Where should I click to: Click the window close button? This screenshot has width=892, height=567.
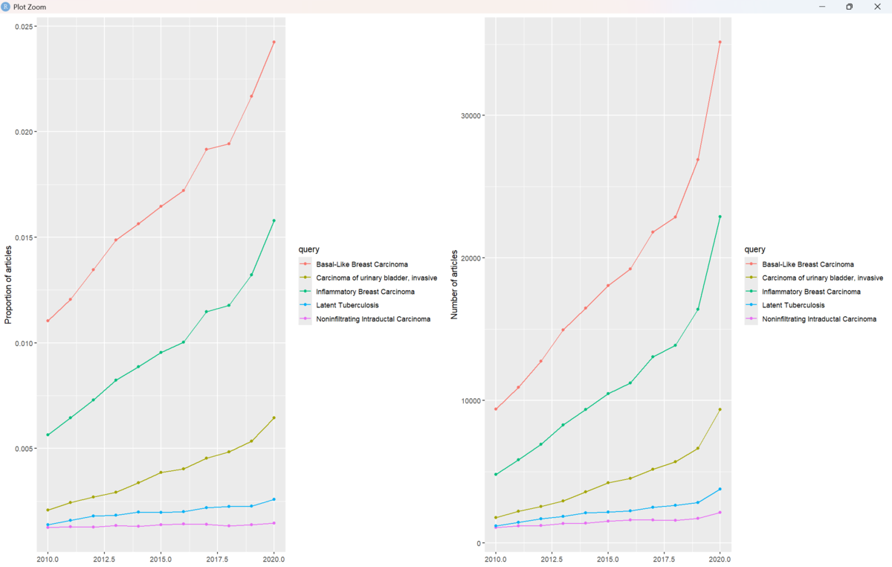(877, 7)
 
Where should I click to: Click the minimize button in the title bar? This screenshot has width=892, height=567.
(822, 7)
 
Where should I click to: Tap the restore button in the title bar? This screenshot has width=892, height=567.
(850, 7)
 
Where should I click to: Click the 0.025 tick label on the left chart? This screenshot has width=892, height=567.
(25, 26)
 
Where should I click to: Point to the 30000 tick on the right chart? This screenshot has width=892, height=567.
(471, 115)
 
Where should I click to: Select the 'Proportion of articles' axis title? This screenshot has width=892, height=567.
(8, 285)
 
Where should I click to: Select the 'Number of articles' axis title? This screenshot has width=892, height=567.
(454, 285)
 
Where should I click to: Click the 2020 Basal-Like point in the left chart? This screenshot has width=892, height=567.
(274, 42)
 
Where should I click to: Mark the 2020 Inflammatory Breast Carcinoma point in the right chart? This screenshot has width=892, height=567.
(720, 217)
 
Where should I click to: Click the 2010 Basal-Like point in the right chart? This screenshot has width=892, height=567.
(496, 409)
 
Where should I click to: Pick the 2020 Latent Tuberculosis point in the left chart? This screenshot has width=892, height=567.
(274, 499)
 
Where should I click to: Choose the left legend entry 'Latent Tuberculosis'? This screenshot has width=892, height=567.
(347, 305)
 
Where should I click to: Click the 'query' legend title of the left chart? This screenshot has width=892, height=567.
(309, 249)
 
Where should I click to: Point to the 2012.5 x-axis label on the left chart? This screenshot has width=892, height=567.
(104, 560)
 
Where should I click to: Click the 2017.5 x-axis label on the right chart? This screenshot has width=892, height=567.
(664, 560)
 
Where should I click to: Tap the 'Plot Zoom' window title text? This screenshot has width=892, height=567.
(30, 7)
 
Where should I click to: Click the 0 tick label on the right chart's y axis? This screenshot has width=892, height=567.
(479, 543)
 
